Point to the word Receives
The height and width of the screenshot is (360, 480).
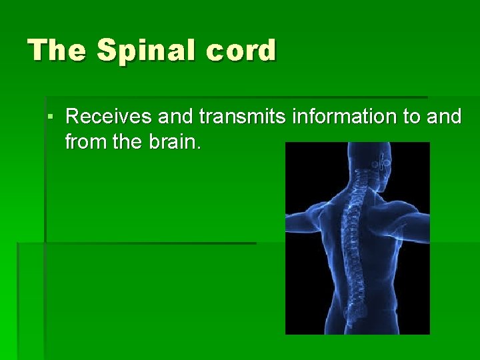(x=109, y=117)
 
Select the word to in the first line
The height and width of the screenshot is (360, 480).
(x=411, y=117)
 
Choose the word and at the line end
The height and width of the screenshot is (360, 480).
(x=443, y=117)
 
